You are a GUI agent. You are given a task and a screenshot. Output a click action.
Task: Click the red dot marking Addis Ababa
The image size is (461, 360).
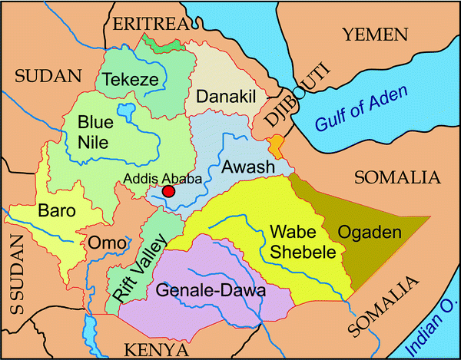(169, 191)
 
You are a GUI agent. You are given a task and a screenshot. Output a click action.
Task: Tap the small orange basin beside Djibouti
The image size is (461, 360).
(276, 144)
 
